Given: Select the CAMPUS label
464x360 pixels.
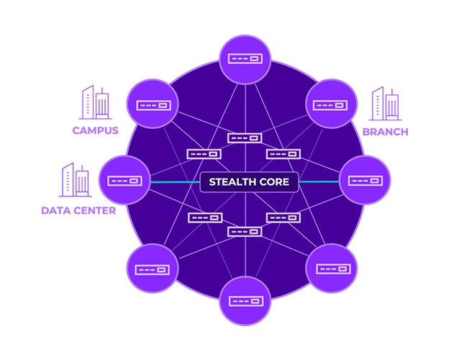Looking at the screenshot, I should [x=95, y=130].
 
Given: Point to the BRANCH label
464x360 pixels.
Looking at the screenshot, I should [x=385, y=132].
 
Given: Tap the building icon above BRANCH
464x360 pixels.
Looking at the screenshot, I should [x=385, y=104].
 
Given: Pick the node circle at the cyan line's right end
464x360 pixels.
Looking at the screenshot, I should [x=364, y=180].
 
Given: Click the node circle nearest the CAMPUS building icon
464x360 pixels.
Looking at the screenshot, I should [x=153, y=104].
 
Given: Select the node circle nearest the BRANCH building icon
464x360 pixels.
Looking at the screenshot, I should [x=332, y=104].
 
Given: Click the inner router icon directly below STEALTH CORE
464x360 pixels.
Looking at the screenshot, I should [x=244, y=231].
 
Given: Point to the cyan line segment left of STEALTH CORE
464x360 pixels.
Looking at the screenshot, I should [x=174, y=181].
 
